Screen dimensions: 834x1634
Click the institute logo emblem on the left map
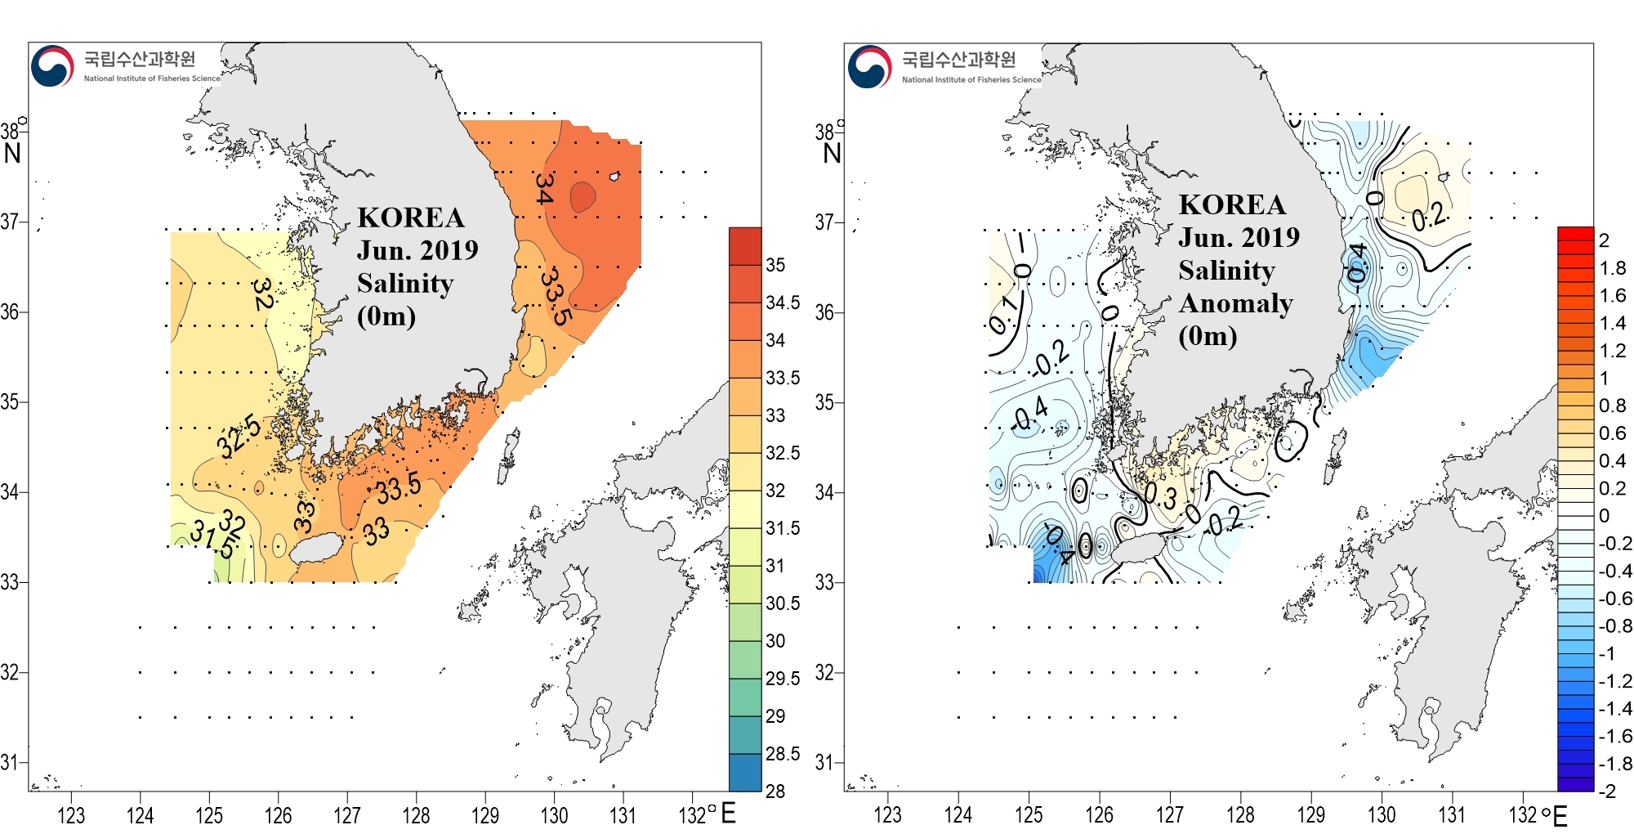[52, 66]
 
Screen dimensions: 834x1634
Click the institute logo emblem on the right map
[869, 66]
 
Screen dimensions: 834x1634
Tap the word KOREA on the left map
[411, 217]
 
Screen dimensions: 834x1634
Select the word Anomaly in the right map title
[1235, 303]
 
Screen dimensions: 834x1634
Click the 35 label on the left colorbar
[775, 265]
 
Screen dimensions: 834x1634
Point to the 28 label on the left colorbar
[775, 791]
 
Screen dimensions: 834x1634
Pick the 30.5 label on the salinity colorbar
[783, 603]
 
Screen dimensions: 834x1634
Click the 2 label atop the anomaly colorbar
[1604, 240]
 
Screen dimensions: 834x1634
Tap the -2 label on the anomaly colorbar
[1607, 791]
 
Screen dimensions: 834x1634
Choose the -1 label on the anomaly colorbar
[1607, 653]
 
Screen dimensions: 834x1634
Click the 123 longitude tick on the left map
[71, 815]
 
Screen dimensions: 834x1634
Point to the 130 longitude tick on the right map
[1382, 815]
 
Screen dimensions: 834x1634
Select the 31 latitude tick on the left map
[9, 762]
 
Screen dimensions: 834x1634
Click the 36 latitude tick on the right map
[824, 312]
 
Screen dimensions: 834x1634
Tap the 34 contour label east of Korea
[544, 188]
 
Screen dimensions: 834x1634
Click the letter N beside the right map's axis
[832, 153]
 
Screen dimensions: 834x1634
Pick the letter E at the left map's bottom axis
[728, 814]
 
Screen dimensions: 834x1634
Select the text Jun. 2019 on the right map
[1239, 237]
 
